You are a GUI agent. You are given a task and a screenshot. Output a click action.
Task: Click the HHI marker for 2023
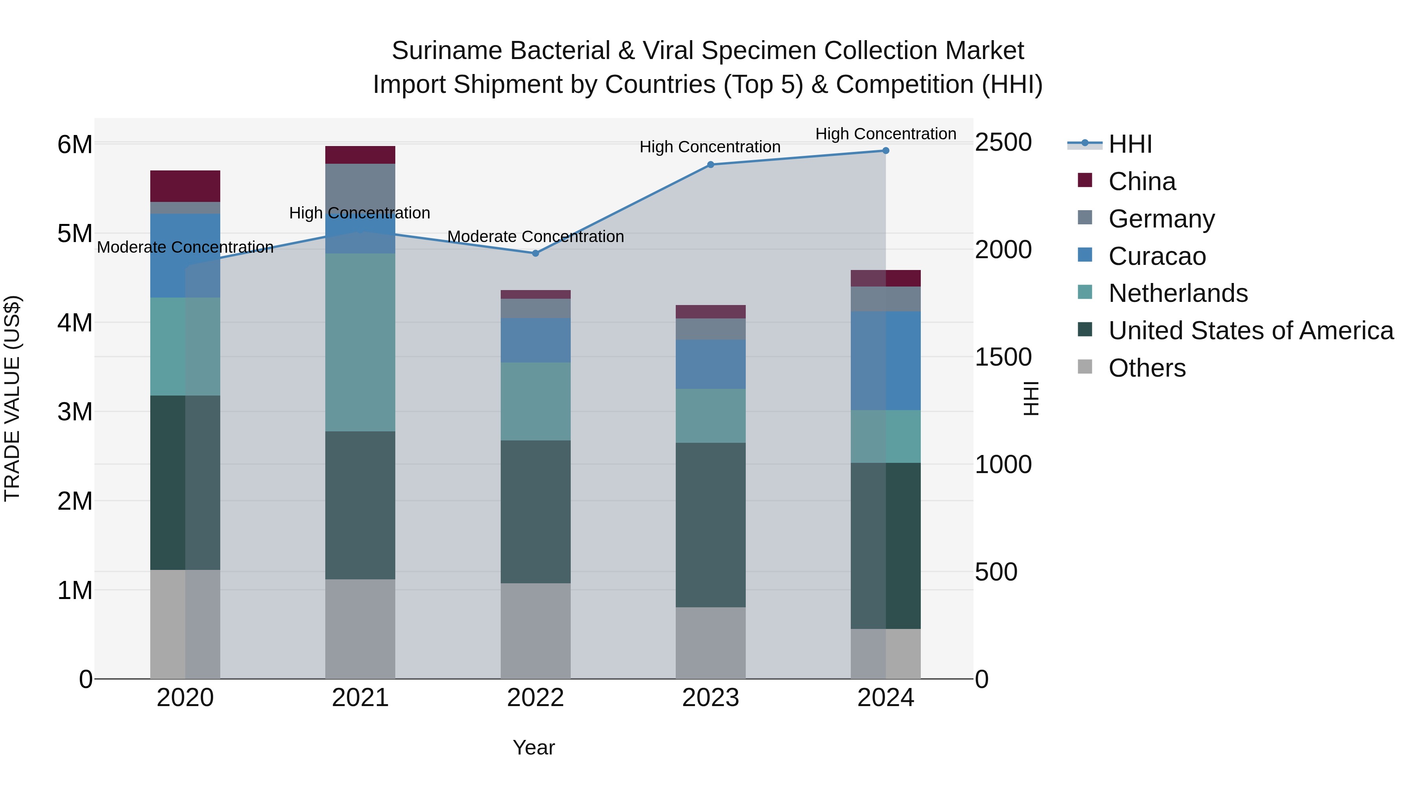pyautogui.click(x=710, y=165)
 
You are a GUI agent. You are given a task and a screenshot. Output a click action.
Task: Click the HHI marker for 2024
pyautogui.click(x=885, y=151)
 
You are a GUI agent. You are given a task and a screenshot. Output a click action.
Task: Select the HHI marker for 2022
pyautogui.click(x=535, y=253)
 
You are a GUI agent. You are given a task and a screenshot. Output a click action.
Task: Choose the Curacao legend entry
pyautogui.click(x=1156, y=256)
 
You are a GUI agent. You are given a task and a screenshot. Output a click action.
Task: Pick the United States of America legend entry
pyautogui.click(x=1250, y=331)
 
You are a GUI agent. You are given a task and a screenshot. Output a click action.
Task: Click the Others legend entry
pyautogui.click(x=1147, y=368)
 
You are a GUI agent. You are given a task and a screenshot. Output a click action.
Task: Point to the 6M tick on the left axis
pyautogui.click(x=75, y=145)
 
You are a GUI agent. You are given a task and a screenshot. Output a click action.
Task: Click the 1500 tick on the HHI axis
pyautogui.click(x=1003, y=357)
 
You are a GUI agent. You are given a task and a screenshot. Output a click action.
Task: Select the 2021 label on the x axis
pyautogui.click(x=360, y=698)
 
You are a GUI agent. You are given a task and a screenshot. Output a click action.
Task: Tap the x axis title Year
pyautogui.click(x=533, y=747)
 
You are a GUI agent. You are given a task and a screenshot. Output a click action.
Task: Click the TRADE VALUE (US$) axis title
pyautogui.click(x=12, y=398)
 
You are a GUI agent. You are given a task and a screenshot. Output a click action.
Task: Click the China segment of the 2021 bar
pyautogui.click(x=360, y=155)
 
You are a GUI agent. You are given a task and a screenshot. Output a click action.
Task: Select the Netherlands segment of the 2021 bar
pyautogui.click(x=360, y=342)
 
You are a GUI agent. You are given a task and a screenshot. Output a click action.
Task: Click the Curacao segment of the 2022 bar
pyautogui.click(x=535, y=340)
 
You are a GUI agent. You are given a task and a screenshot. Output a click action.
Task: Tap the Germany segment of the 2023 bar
pyautogui.click(x=710, y=329)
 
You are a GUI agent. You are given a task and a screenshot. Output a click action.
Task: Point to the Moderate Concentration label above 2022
pyautogui.click(x=535, y=237)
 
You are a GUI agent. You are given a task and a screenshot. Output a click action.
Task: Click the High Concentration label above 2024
pyautogui.click(x=885, y=134)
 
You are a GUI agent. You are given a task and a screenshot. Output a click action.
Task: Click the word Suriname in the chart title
pyautogui.click(x=445, y=51)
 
